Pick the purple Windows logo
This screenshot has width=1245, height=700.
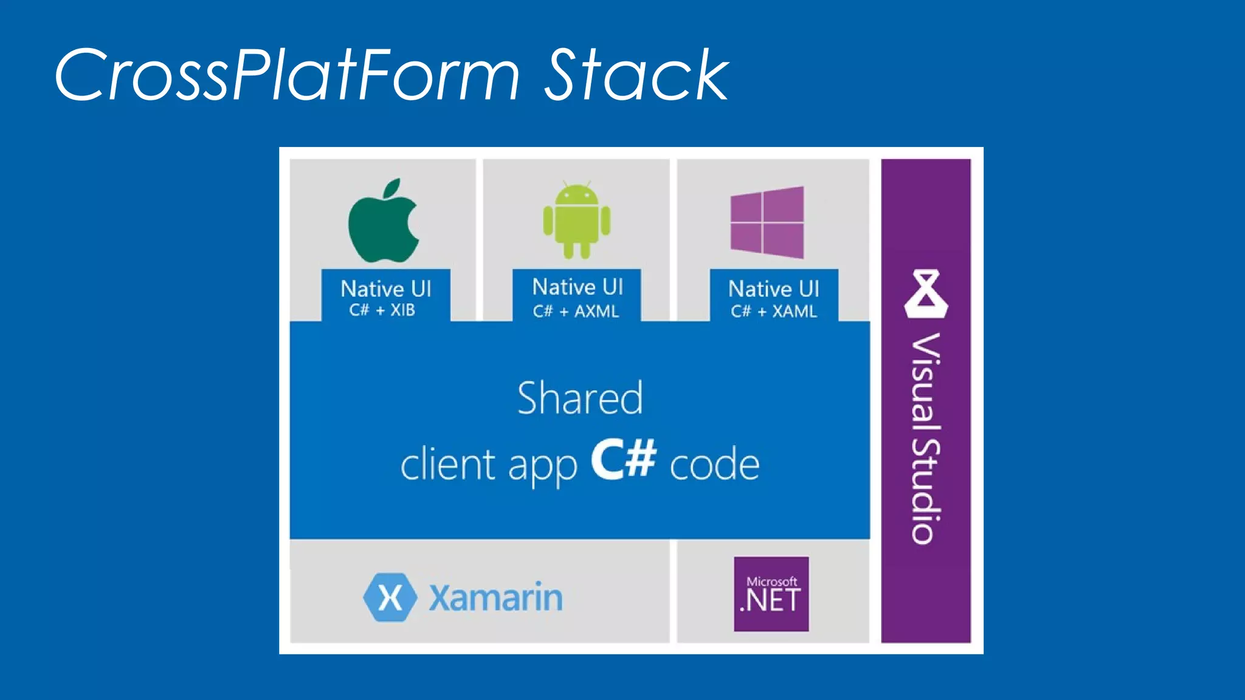(x=767, y=222)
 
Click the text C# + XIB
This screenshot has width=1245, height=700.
(x=382, y=310)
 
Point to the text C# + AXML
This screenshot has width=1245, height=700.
(x=576, y=311)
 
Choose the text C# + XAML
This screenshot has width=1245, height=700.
(x=773, y=311)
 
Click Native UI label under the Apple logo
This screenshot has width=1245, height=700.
(x=385, y=289)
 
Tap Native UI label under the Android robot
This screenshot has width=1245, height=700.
(x=578, y=287)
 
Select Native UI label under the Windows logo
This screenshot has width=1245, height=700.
(x=773, y=289)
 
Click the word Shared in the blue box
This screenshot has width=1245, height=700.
(x=579, y=398)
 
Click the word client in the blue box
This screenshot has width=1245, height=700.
(x=448, y=465)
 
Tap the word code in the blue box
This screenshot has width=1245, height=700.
(x=714, y=465)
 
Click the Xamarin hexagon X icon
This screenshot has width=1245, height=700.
(x=390, y=597)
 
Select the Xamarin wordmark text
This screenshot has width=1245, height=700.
(x=495, y=598)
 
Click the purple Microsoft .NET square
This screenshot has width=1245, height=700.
(x=771, y=594)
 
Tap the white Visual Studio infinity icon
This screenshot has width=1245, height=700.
(x=925, y=294)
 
